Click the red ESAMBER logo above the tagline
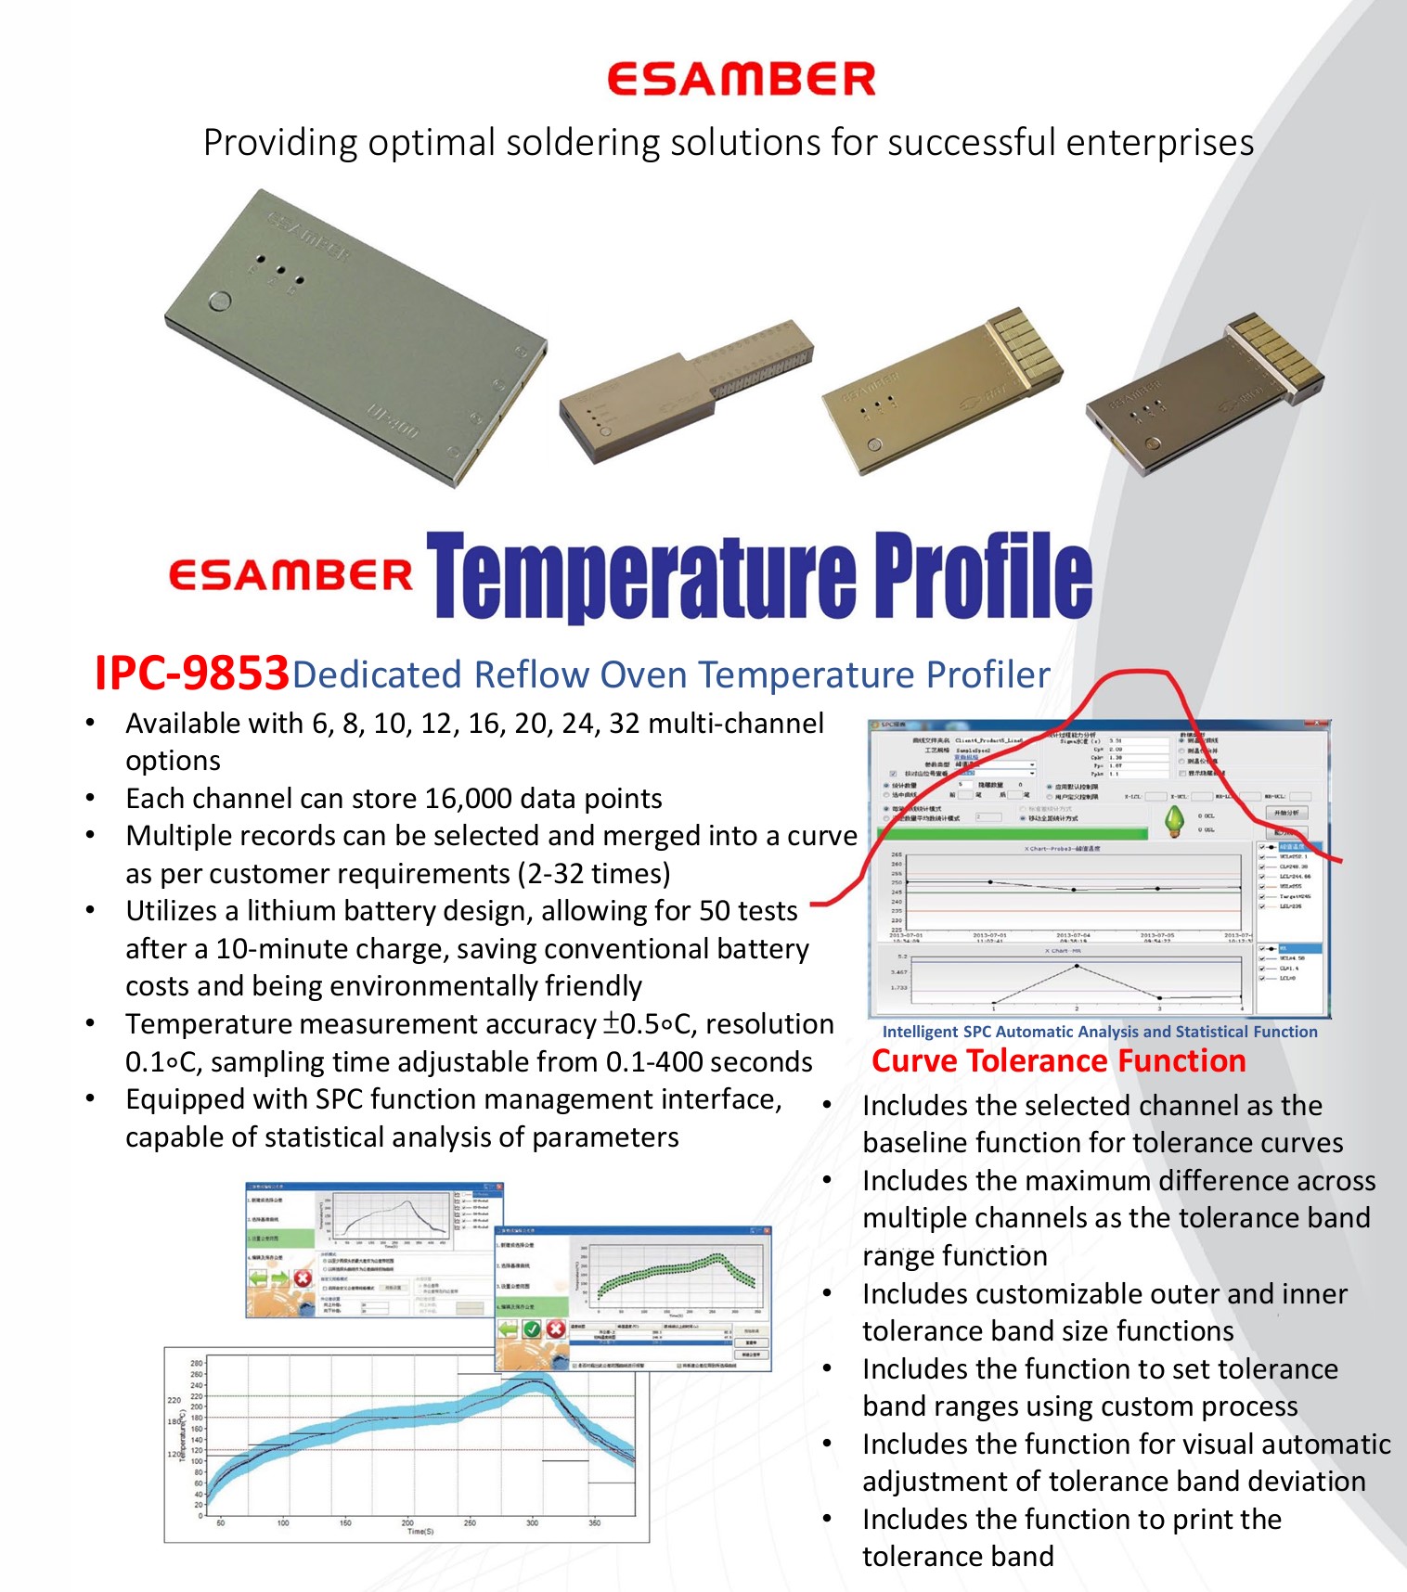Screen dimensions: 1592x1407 741,80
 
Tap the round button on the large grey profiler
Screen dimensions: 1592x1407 220,302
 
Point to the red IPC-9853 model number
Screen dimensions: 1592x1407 191,674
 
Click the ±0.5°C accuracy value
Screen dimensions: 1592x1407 647,1024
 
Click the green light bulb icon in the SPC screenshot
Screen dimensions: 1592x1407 1175,820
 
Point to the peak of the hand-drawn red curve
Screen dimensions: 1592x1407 1133,673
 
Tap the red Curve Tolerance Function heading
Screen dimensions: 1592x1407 1058,1061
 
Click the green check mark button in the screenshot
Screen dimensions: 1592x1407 531,1329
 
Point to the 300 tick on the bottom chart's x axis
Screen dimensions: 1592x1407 532,1522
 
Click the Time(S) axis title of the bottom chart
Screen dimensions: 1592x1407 420,1532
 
